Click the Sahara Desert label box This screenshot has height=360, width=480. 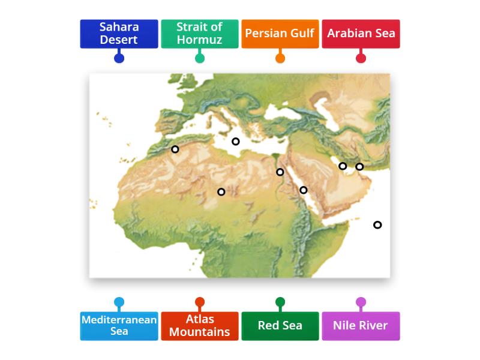(119, 34)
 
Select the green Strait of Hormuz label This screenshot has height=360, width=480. (200, 34)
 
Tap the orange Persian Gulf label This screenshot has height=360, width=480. (280, 34)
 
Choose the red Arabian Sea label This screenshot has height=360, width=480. (361, 34)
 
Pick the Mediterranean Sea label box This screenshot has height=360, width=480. (119, 326)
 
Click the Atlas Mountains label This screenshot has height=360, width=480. (200, 326)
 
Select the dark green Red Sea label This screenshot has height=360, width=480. (280, 326)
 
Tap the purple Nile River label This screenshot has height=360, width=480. (361, 326)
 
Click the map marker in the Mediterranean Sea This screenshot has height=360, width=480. (236, 142)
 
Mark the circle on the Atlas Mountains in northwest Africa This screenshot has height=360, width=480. (175, 149)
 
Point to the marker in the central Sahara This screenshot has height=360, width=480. (221, 192)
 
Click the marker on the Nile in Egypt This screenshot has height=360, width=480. (280, 172)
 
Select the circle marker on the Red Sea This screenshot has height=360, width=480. (304, 190)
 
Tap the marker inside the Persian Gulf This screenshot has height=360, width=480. (343, 166)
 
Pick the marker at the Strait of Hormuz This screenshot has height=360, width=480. (359, 167)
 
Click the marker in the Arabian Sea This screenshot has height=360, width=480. (377, 225)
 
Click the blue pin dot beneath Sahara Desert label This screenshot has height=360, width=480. (119, 58)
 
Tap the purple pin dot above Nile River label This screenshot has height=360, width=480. (361, 302)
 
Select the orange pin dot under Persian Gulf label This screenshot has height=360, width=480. (280, 58)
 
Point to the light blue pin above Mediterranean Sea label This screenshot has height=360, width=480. (119, 302)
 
